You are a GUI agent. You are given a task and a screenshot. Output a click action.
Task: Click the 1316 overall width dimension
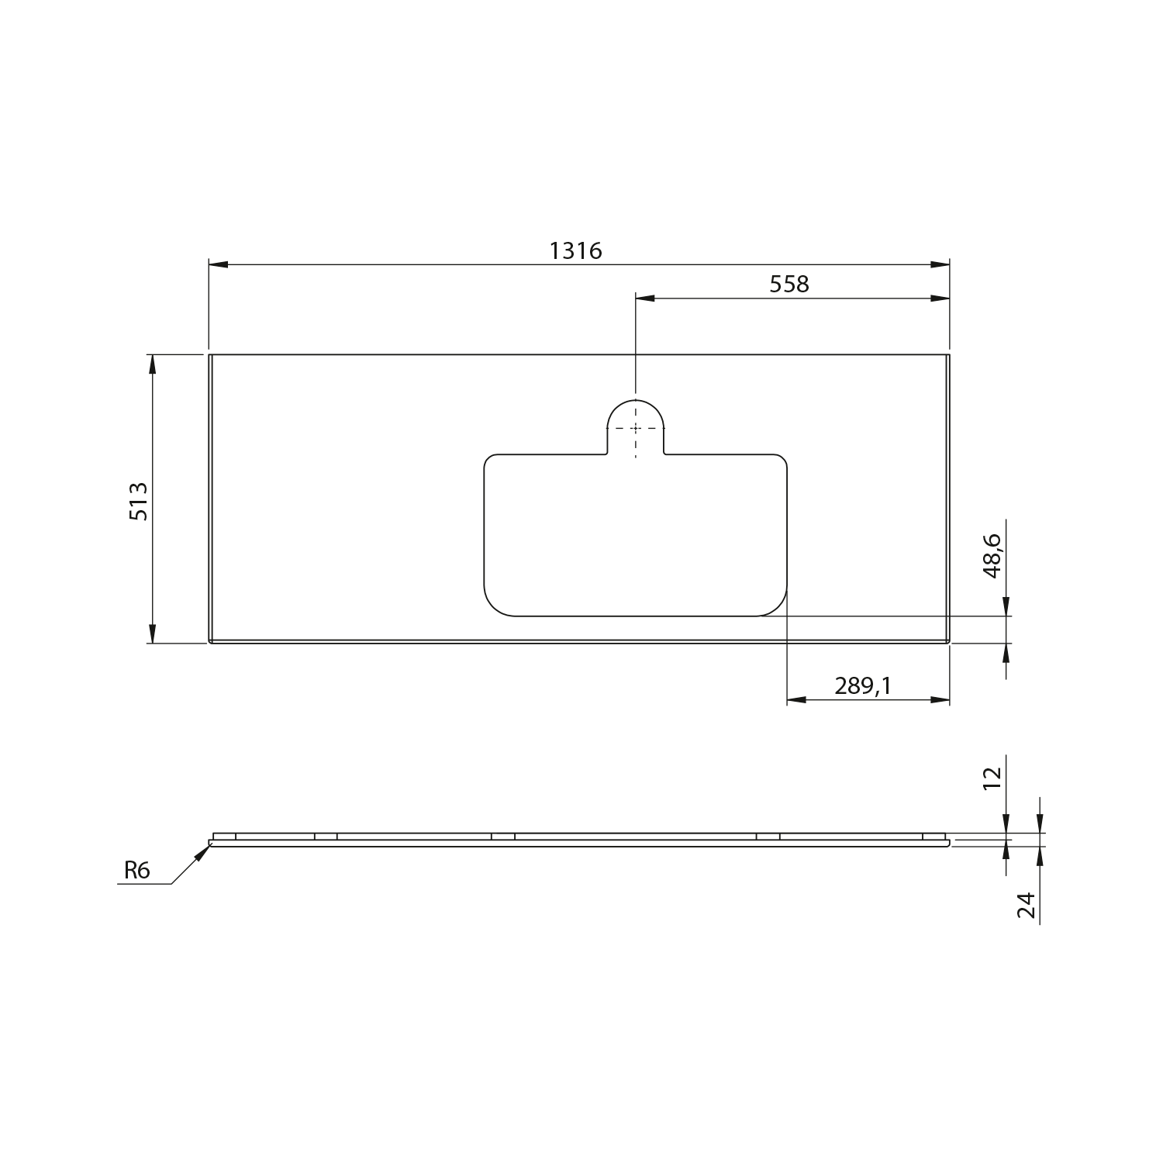coord(575,250)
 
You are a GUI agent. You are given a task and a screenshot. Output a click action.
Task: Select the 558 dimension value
coord(789,285)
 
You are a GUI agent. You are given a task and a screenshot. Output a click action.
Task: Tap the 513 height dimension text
coord(138,501)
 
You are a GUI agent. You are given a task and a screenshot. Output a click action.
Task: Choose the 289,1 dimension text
coord(863,685)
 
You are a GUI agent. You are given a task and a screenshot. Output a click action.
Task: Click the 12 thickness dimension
coord(992,777)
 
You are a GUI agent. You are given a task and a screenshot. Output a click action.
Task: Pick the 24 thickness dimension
coord(1027,905)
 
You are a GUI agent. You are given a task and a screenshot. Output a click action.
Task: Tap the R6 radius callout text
coord(136,871)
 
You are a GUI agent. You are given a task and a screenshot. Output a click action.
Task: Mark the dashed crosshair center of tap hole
coord(636,428)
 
